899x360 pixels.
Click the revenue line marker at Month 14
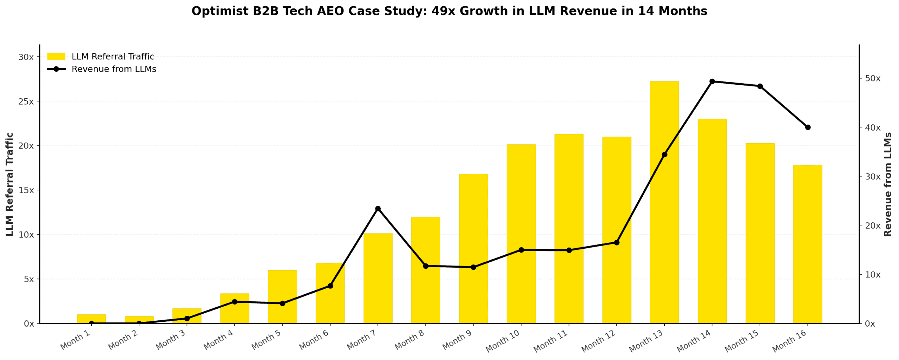point(712,81)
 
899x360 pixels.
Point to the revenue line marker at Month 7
point(378,209)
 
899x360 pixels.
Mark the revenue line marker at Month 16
point(808,127)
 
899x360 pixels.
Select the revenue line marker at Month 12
point(617,242)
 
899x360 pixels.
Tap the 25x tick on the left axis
point(26,102)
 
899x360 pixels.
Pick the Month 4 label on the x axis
point(218,340)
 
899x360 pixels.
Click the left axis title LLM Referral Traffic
point(9,184)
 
